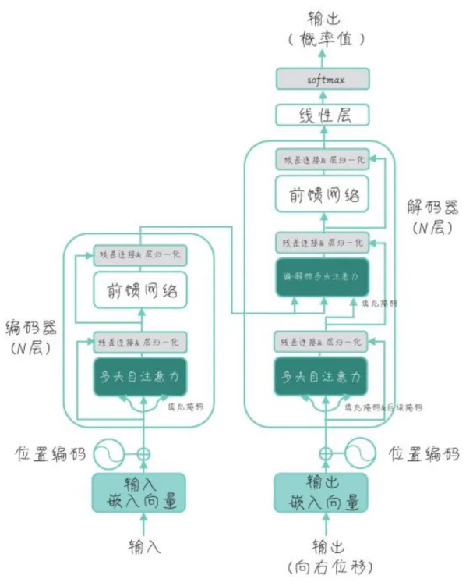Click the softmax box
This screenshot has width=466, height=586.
(x=323, y=79)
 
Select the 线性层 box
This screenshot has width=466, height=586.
(x=323, y=116)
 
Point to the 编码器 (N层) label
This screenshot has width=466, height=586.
(x=29, y=337)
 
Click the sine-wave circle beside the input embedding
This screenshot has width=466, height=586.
(x=110, y=453)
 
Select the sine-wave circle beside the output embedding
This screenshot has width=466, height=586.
(x=358, y=453)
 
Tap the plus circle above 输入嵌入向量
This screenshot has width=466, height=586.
(x=143, y=453)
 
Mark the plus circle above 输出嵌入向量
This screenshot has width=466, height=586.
(x=323, y=453)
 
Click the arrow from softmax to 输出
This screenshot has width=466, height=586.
(x=323, y=57)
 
